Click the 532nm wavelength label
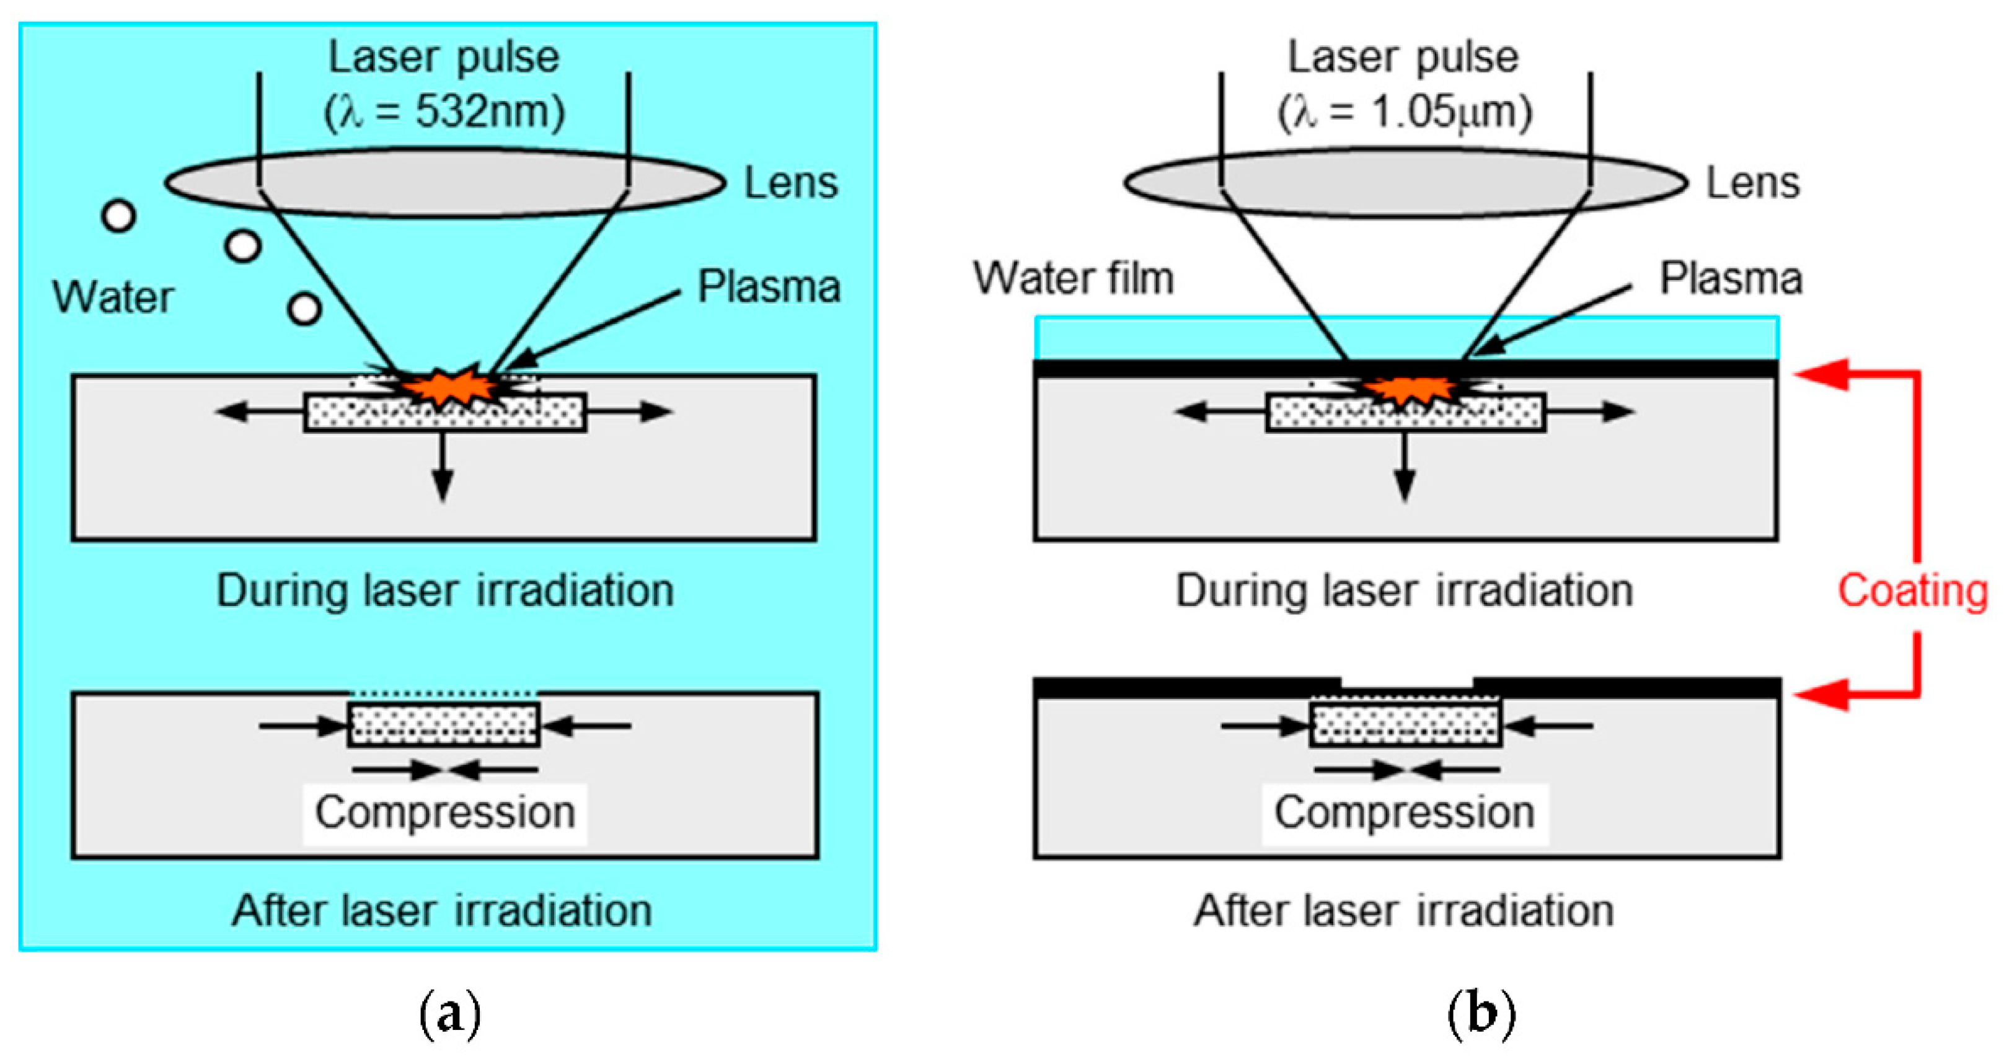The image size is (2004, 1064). pyautogui.click(x=444, y=111)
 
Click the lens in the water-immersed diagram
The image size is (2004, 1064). pyautogui.click(x=444, y=183)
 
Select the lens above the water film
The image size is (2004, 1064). pyautogui.click(x=1405, y=183)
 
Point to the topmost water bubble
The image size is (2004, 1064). pyautogui.click(x=119, y=216)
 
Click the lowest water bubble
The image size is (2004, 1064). pyautogui.click(x=304, y=309)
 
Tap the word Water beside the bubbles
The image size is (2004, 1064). pyautogui.click(x=113, y=297)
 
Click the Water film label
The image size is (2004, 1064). pyautogui.click(x=1074, y=278)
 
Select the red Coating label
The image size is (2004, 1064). pyautogui.click(x=1912, y=591)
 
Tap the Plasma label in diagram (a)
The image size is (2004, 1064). pyautogui.click(x=769, y=286)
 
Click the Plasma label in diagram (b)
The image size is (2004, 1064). pyautogui.click(x=1731, y=278)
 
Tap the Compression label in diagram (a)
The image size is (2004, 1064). pyautogui.click(x=445, y=812)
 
